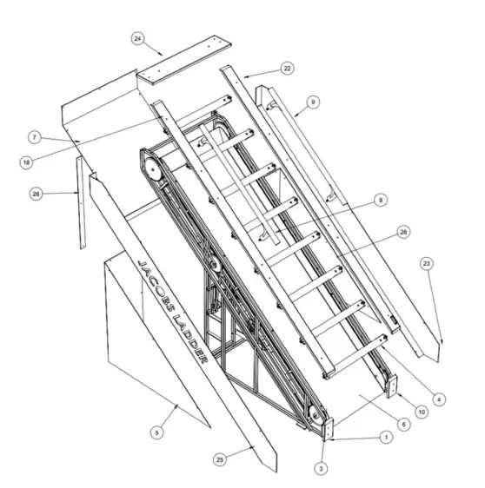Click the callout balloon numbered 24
[138, 38]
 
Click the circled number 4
[440, 399]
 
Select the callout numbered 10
[422, 412]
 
